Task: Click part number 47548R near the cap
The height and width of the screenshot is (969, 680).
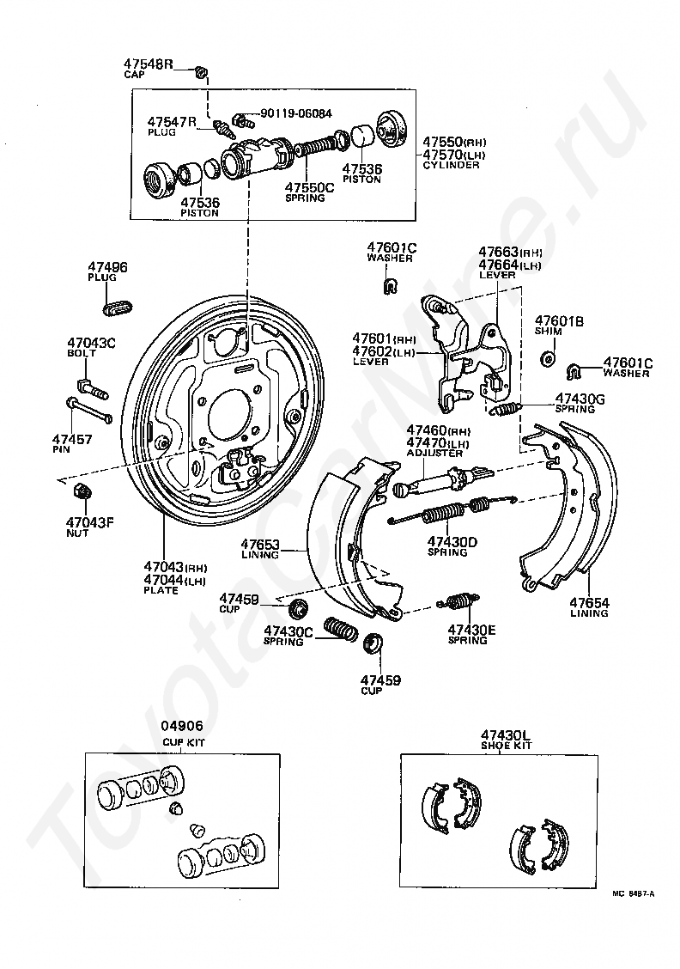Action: pyautogui.click(x=149, y=64)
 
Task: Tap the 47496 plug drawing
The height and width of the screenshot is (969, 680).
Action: pyautogui.click(x=118, y=305)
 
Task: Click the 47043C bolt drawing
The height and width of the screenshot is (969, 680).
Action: pyautogui.click(x=90, y=383)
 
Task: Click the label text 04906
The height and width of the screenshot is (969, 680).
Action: pyautogui.click(x=184, y=726)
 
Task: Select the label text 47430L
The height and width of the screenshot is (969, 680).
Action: pyautogui.click(x=506, y=734)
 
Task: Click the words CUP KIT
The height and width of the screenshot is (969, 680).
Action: pyautogui.click(x=184, y=742)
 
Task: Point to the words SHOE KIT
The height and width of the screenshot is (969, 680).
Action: pyautogui.click(x=506, y=746)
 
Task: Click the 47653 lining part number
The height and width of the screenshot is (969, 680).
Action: pyautogui.click(x=261, y=544)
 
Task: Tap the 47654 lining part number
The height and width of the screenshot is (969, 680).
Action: pyautogui.click(x=588, y=603)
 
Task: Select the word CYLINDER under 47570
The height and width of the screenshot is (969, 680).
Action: pyautogui.click(x=451, y=165)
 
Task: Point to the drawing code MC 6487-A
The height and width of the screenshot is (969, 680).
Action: pyautogui.click(x=634, y=894)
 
